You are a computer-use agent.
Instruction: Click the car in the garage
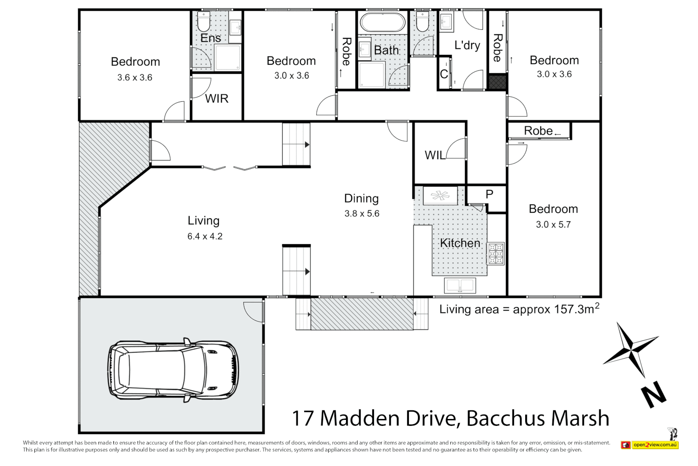pyautogui.click(x=172, y=370)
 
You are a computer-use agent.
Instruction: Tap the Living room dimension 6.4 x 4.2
pyautogui.click(x=205, y=236)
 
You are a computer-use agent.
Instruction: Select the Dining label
pyautogui.click(x=361, y=198)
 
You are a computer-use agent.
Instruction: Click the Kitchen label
pyautogui.click(x=460, y=243)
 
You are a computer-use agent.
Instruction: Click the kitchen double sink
pyautogui.click(x=460, y=285)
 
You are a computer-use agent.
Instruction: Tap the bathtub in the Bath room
pyautogui.click(x=382, y=22)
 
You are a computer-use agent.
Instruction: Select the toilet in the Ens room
pyautogui.click(x=203, y=22)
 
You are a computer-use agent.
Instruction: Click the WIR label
pyautogui.click(x=216, y=99)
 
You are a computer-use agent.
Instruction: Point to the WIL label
pyautogui.click(x=435, y=155)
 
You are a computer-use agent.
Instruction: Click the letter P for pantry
pyautogui.click(x=489, y=195)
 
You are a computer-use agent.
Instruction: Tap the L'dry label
pyautogui.click(x=467, y=45)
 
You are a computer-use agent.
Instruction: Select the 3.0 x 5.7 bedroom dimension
pyautogui.click(x=553, y=225)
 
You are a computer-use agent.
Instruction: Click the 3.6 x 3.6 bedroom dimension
pyautogui.click(x=135, y=78)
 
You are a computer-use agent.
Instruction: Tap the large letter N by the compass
pyautogui.click(x=653, y=394)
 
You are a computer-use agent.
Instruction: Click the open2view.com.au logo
pyautogui.click(x=650, y=445)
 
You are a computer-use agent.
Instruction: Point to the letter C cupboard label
pyautogui.click(x=444, y=74)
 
